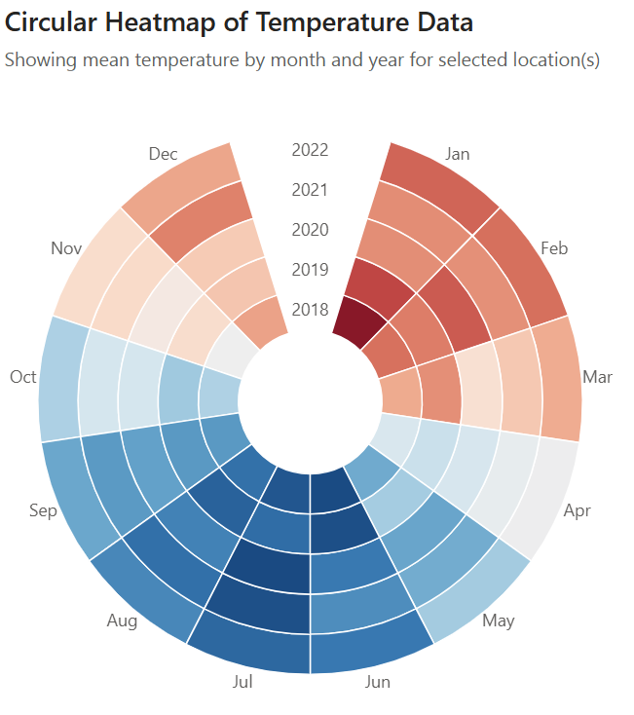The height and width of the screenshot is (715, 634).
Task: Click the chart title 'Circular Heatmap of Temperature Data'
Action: coord(240,21)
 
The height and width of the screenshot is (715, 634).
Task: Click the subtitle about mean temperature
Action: coord(302,59)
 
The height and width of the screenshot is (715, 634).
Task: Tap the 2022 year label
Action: coord(310,150)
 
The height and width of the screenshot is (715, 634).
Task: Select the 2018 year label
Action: coord(310,310)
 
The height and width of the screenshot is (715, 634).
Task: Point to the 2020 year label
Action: coord(310,230)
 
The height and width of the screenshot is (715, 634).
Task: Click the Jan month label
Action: coord(457,154)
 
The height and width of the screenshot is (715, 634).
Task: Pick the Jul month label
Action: coord(243,682)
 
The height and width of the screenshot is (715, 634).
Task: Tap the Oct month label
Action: coord(22,377)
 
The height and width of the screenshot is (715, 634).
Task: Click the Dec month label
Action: coord(163,154)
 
